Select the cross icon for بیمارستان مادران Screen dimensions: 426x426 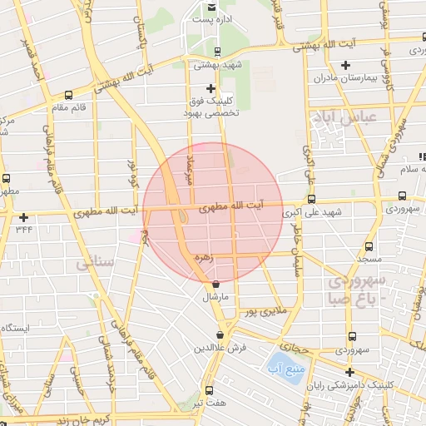coord(346,65)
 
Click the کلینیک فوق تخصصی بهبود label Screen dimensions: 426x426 coord(211,106)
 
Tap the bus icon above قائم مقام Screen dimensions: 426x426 coord(68,95)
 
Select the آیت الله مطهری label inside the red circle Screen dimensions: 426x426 coord(235,204)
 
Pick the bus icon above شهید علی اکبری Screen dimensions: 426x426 coord(311,200)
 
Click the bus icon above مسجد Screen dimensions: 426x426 coord(369,247)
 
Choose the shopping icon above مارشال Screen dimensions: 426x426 coord(215,285)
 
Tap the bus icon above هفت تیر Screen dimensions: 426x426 coord(208,389)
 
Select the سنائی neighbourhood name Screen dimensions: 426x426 coord(94,265)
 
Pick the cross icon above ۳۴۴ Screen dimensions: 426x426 coord(23,217)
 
